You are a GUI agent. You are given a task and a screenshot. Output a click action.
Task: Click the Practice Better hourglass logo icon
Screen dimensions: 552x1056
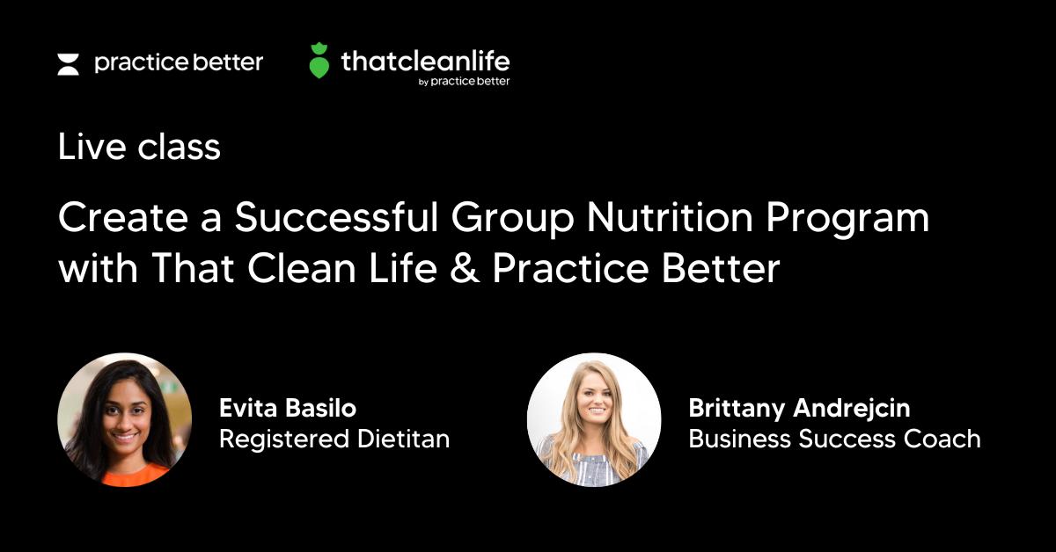[x=69, y=64]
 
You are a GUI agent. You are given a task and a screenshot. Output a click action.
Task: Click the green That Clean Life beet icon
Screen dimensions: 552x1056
[x=319, y=61]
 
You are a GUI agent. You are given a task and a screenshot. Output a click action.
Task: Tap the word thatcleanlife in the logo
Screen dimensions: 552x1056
[x=424, y=61]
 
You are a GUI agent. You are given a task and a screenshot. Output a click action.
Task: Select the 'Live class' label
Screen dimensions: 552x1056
[x=139, y=147]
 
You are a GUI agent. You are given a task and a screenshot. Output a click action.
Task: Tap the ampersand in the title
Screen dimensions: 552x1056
[x=464, y=269]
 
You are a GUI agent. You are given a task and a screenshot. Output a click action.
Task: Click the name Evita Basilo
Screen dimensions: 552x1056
[x=288, y=409]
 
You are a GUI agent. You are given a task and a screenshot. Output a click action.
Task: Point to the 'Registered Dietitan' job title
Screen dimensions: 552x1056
[x=334, y=439]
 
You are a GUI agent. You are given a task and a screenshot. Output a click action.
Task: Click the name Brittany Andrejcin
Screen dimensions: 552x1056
[x=799, y=409]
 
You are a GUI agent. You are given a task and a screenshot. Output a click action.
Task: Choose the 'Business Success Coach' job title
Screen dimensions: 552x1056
[x=834, y=439]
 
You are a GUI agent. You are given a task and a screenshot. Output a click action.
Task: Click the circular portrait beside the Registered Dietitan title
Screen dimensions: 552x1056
[x=124, y=420]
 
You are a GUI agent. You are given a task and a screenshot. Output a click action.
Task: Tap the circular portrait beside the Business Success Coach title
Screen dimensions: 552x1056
[x=594, y=420]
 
